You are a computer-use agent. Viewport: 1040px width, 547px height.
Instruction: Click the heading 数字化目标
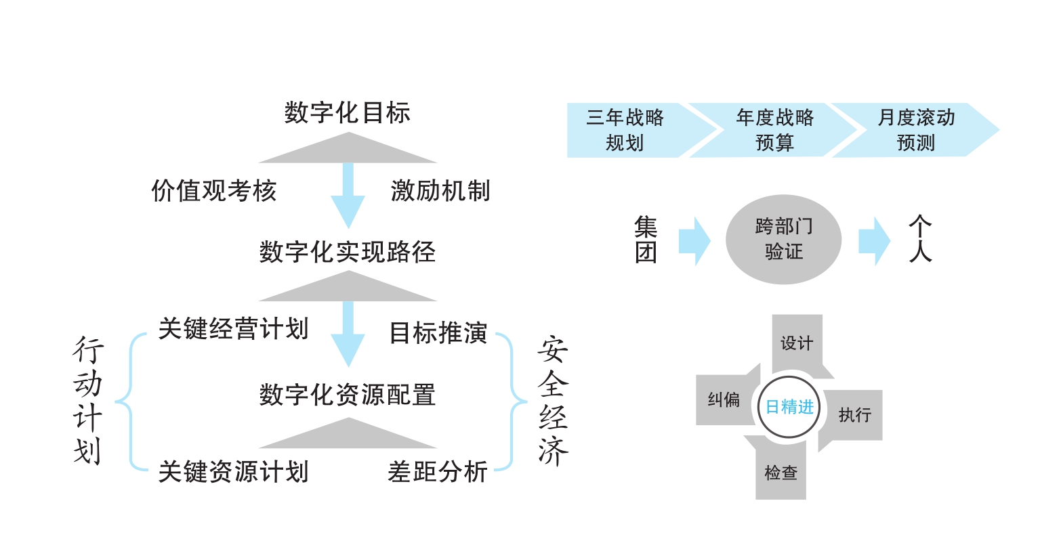coord(347,112)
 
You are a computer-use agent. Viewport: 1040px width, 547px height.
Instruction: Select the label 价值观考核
coord(214,192)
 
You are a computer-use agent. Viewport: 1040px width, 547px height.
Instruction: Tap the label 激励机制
coord(440,192)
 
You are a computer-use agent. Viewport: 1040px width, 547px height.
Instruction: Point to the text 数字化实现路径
coord(347,253)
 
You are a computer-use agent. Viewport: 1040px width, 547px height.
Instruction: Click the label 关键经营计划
coord(233,329)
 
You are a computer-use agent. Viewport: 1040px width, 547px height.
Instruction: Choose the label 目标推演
coord(438,333)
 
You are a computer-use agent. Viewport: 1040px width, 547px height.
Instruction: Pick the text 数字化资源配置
coord(347,395)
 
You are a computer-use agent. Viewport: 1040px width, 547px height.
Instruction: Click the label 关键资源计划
coord(233,472)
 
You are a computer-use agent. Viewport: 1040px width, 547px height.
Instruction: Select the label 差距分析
coord(438,472)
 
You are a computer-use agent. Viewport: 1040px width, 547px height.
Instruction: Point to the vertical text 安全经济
coord(553,401)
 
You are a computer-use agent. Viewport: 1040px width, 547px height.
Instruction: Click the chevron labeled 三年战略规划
coord(625,130)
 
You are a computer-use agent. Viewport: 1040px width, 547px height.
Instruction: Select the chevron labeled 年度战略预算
coord(774,130)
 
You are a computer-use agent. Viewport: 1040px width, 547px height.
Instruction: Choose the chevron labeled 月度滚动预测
coord(916,130)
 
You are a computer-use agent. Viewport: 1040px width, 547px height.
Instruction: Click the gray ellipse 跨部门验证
coord(783,240)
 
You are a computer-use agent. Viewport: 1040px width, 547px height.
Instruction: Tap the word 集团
coord(646,240)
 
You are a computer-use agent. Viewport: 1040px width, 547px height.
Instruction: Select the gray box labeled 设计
coord(797,343)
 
